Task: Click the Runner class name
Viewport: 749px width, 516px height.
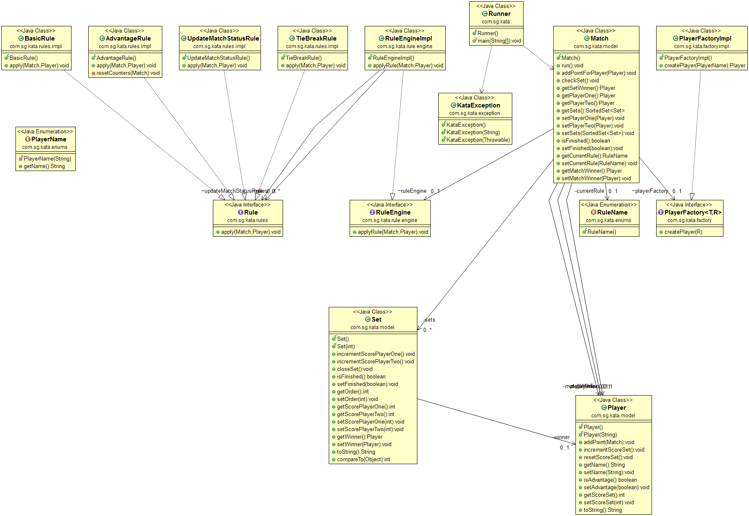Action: pyautogui.click(x=499, y=14)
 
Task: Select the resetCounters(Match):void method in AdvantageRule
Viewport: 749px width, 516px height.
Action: pyautogui.click(x=128, y=73)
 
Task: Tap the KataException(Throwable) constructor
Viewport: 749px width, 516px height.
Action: pyautogui.click(x=478, y=140)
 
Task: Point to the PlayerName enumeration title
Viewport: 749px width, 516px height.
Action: pyautogui.click(x=49, y=139)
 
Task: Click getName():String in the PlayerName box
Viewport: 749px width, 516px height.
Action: pyautogui.click(x=44, y=166)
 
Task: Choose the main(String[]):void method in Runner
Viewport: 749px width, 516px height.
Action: pyautogui.click(x=499, y=41)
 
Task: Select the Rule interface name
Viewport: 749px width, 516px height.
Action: pyautogui.click(x=251, y=212)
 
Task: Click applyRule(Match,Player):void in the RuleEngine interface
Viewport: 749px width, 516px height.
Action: pyautogui.click(x=393, y=232)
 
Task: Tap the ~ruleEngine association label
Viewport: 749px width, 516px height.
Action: pyautogui.click(x=412, y=191)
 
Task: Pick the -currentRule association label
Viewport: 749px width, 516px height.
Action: pyautogui.click(x=589, y=191)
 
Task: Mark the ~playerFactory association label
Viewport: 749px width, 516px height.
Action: pyautogui.click(x=650, y=191)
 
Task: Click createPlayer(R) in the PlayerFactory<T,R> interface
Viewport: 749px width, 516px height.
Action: pyautogui.click(x=683, y=232)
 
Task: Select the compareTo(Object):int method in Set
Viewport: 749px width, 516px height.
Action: pyautogui.click(x=363, y=460)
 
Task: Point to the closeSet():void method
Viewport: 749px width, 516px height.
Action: pyautogui.click(x=355, y=369)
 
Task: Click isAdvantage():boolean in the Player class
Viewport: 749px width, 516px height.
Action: pyautogui.click(x=610, y=480)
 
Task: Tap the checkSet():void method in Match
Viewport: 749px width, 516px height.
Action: pyautogui.click(x=580, y=81)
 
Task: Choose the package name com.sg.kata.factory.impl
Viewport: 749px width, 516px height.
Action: pyautogui.click(x=701, y=46)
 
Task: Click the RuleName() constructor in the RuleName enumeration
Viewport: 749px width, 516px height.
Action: pyautogui.click(x=601, y=232)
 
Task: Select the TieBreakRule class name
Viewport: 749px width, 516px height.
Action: pyautogui.click(x=316, y=38)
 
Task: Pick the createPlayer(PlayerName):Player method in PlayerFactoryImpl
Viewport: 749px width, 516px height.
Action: pyautogui.click(x=705, y=66)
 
